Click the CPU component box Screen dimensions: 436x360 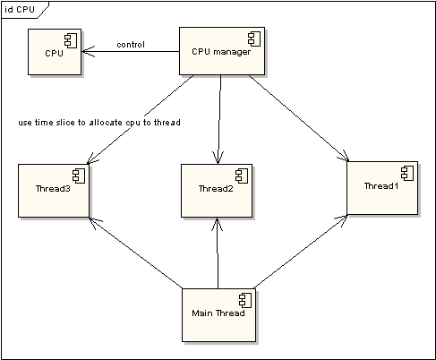(x=55, y=52)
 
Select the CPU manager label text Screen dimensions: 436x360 (x=221, y=52)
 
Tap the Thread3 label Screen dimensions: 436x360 (x=53, y=189)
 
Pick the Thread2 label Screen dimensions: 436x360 (x=216, y=189)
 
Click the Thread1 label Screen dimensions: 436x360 (x=381, y=186)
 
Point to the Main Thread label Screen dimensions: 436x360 (x=218, y=313)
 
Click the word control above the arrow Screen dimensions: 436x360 (x=131, y=45)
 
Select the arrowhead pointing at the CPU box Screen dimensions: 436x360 (x=89, y=51)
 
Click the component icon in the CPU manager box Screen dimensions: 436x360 (x=254, y=39)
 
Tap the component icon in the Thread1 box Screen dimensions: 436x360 (x=407, y=173)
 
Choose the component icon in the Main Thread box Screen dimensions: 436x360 (x=245, y=300)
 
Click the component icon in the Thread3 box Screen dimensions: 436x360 (x=79, y=176)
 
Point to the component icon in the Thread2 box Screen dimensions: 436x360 (x=242, y=176)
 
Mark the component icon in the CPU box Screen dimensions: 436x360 (x=71, y=40)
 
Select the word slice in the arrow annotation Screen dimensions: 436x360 (x=65, y=123)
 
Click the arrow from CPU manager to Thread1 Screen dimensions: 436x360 (x=298, y=118)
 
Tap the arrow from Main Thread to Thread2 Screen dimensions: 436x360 (x=218, y=253)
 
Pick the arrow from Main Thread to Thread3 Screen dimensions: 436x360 (x=136, y=253)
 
